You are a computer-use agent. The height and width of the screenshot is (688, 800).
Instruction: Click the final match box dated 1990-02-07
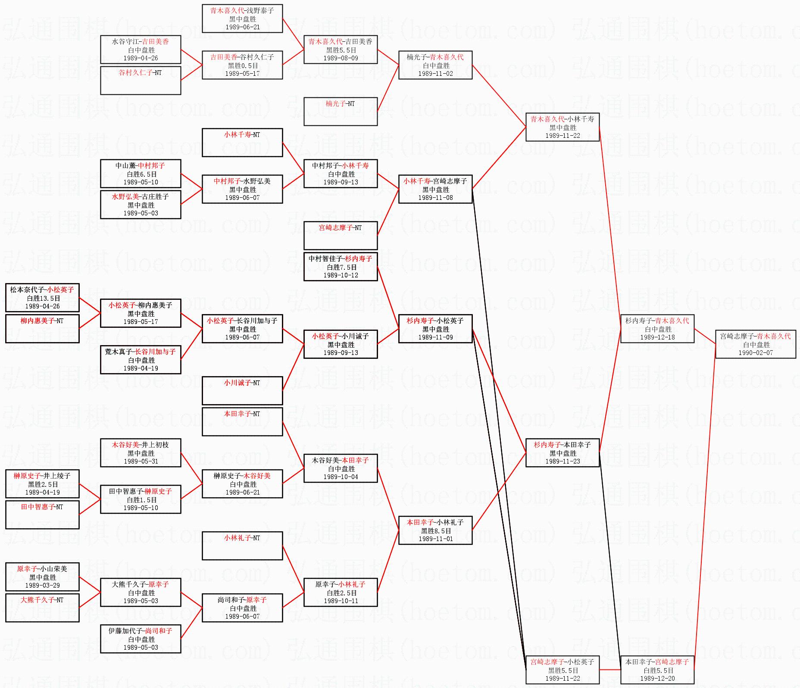click(x=755, y=344)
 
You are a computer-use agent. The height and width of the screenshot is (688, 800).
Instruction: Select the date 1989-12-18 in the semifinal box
click(x=657, y=337)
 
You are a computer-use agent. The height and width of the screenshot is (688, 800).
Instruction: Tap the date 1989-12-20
click(x=657, y=679)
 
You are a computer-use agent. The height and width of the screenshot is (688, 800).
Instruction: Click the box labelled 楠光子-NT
click(x=341, y=112)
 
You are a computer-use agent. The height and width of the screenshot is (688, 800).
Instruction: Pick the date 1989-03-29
click(x=42, y=585)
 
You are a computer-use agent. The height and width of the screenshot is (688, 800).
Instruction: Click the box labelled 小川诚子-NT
click(x=242, y=390)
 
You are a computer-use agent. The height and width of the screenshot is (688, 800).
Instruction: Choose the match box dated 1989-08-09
click(x=341, y=50)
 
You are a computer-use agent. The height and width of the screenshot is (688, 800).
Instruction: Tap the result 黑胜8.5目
click(x=436, y=531)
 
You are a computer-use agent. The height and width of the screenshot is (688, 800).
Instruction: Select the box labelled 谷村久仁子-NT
click(x=141, y=81)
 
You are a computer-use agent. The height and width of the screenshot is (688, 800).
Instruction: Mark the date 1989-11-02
click(x=435, y=74)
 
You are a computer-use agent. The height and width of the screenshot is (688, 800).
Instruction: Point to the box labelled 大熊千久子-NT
click(x=42, y=607)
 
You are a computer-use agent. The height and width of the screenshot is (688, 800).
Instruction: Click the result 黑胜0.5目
click(x=243, y=65)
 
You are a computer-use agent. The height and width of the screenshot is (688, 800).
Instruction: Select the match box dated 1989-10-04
click(x=341, y=468)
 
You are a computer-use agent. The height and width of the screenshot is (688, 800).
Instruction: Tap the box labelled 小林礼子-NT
click(x=242, y=545)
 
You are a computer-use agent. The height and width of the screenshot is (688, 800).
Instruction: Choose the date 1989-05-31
click(x=141, y=461)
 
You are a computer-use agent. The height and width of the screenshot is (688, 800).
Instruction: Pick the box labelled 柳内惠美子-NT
click(x=42, y=328)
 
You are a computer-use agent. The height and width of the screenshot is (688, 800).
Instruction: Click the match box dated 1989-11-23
click(x=562, y=453)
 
